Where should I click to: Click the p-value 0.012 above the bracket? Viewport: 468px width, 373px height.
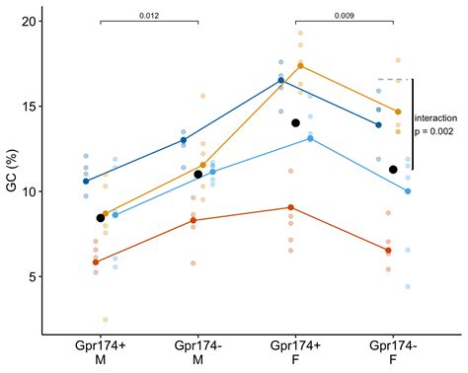tap(149, 16)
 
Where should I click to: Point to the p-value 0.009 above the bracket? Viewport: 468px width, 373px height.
tap(345, 16)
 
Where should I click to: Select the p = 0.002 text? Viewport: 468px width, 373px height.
tap(435, 130)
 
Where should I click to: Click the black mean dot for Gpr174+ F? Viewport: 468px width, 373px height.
tap(295, 123)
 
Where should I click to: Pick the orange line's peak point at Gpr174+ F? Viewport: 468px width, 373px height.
tap(300, 66)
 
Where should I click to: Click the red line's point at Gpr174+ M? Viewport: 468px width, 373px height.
tap(95, 262)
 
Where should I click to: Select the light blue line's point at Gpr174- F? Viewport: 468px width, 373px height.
tap(407, 191)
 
